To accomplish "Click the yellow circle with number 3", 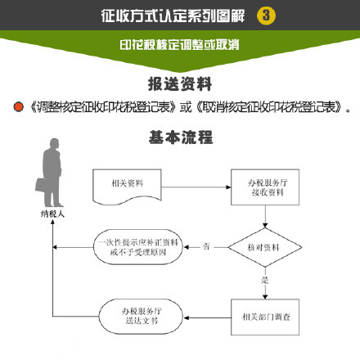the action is [x=266, y=16].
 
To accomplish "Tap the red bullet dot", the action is [x=19, y=106].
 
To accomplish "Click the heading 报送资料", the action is [x=180, y=84].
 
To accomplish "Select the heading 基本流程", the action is [x=181, y=137].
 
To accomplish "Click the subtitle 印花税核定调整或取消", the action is [x=179, y=45].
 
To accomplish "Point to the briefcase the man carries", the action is [x=41, y=185].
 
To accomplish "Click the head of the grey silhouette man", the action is [x=54, y=143].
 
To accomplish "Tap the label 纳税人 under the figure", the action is [x=52, y=214].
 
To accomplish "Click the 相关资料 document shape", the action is [x=127, y=187].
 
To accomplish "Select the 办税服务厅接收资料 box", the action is [x=265, y=187].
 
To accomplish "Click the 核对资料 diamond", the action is [x=265, y=247].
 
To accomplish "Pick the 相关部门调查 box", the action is [x=265, y=317].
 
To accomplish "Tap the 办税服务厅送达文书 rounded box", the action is [x=141, y=317].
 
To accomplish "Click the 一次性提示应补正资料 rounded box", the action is [x=138, y=247].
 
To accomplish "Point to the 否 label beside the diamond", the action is [x=206, y=246].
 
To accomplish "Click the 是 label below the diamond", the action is [x=265, y=280].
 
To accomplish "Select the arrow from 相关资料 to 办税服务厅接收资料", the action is [x=196, y=187].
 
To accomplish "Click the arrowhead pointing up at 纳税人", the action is [x=52, y=223].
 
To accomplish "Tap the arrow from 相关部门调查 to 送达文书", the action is [x=208, y=317].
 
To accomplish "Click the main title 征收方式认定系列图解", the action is [x=173, y=16].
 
